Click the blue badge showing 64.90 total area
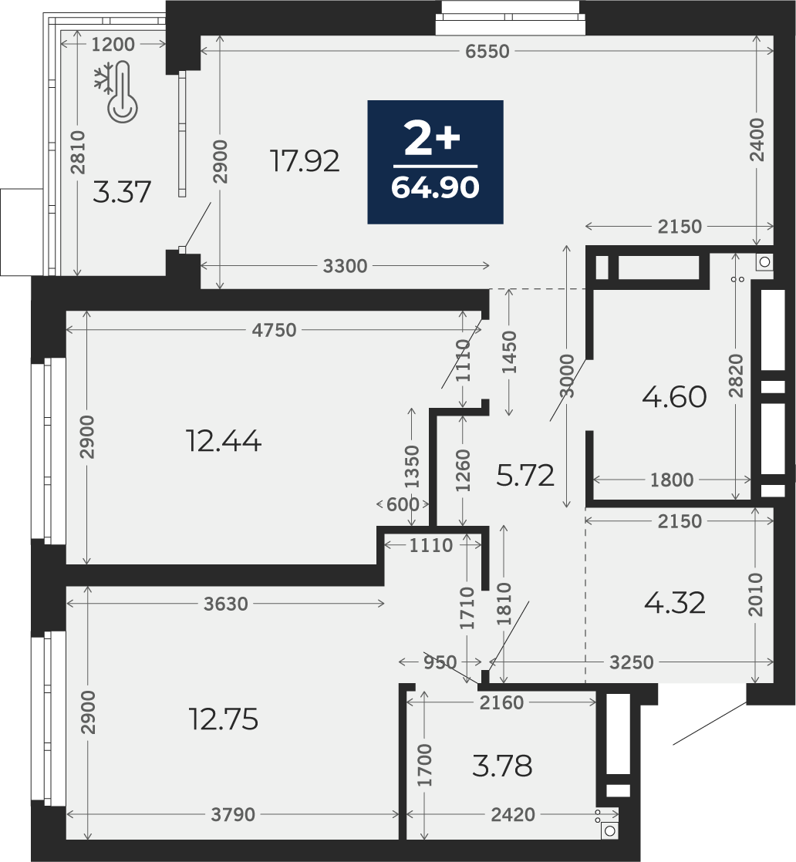pos(435,162)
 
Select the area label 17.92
pos(305,161)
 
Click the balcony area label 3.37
pos(122,193)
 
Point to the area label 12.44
pos(224,441)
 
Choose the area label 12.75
pos(224,719)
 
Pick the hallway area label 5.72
pos(524,476)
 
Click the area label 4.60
pos(674,396)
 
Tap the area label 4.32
pos(674,603)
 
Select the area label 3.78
pos(502,766)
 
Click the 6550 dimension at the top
pos(487,51)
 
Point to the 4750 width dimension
pos(274,330)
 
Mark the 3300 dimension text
pos(345,266)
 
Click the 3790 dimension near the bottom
pos(233,814)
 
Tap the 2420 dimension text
pos(513,814)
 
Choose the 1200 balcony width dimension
pos(113,45)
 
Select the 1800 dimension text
pos(672,480)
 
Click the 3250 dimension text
pos(632,662)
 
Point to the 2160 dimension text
pos(501,702)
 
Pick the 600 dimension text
pos(403,504)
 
